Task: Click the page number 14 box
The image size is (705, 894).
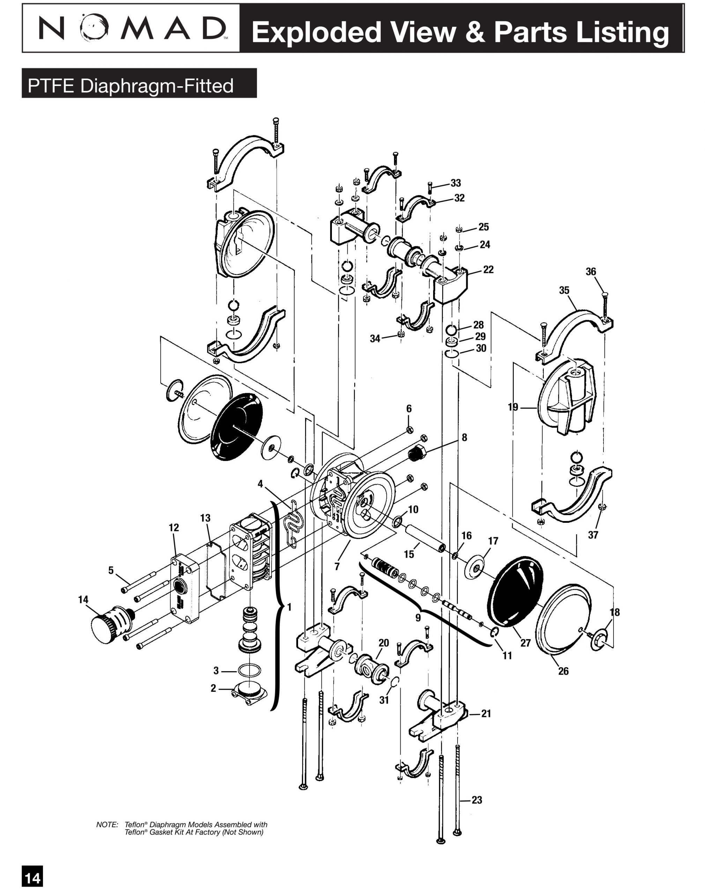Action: (x=32, y=878)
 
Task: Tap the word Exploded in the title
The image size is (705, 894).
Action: (x=316, y=32)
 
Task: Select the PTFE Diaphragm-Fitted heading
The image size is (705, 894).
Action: (x=131, y=86)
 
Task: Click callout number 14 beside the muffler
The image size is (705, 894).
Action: (x=83, y=600)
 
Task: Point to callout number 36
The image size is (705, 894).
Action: (x=591, y=271)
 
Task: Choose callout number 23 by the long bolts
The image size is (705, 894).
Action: (x=477, y=800)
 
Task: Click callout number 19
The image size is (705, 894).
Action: (x=513, y=407)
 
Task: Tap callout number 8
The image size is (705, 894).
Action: (x=465, y=437)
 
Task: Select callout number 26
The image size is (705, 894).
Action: (x=563, y=671)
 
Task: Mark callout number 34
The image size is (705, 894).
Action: (x=375, y=339)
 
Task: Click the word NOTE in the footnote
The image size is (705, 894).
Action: (x=107, y=824)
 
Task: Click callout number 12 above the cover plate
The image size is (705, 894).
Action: (x=174, y=527)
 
